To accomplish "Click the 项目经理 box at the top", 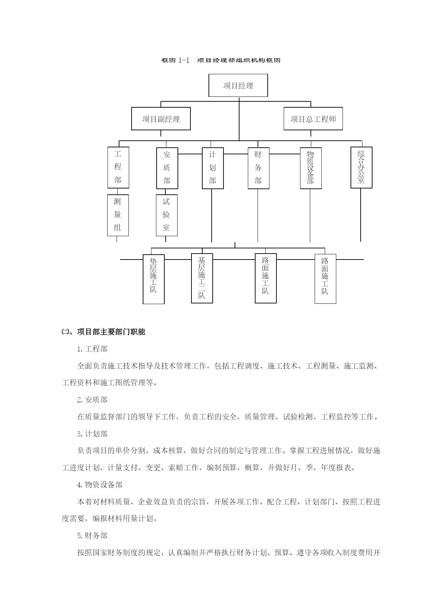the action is click(238, 85).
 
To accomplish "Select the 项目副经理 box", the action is click(161, 119).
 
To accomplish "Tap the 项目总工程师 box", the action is click(313, 119).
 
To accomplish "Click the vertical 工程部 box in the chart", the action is click(118, 168).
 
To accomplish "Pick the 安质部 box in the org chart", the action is click(167, 168).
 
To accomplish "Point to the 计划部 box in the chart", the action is click(213, 168).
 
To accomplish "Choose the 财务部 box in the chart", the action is click(258, 168).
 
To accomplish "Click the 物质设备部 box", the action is click(311, 168).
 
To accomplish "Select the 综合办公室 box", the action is click(361, 168).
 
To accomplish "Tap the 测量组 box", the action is click(118, 215).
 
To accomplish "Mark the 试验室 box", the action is click(166, 215).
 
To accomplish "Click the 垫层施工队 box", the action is click(154, 279).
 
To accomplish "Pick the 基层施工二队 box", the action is click(202, 278).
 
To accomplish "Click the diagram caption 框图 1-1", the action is click(175, 60).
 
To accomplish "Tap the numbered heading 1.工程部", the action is click(92, 349).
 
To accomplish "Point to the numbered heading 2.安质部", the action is click(92, 400).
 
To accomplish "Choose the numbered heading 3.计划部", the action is click(92, 434).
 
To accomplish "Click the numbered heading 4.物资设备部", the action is click(100, 485).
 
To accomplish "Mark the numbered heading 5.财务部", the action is click(92, 536).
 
